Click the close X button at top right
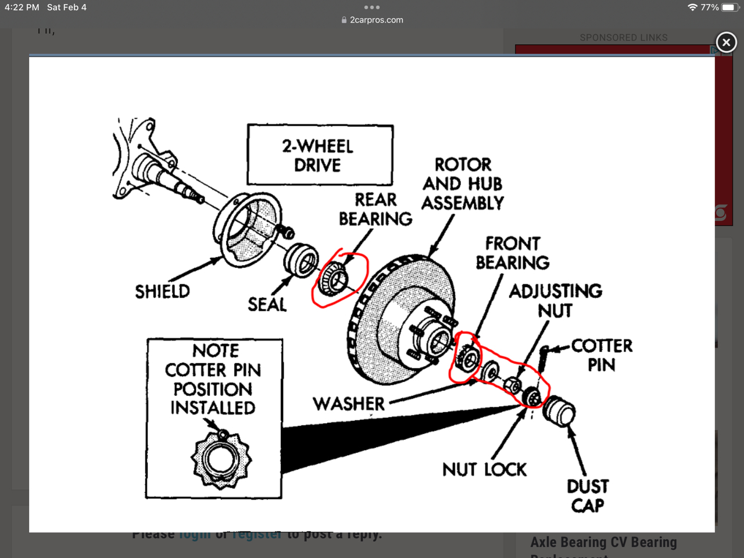coord(726,42)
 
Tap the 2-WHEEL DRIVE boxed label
coord(318,155)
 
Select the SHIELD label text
coord(162,291)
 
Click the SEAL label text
coord(267,304)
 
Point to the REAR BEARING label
coord(375,209)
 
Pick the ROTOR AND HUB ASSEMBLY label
coord(463,184)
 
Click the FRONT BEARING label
coord(512,253)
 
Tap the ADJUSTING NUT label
coord(556,300)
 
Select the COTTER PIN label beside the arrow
coord(602,355)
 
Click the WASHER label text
coord(349,404)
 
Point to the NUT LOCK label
coord(484,469)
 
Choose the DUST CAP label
coord(588,495)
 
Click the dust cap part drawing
coord(559,411)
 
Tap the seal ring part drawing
coord(301,259)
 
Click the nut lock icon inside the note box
coord(221,459)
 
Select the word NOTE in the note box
coord(216,350)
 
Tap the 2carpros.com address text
coord(376,20)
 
